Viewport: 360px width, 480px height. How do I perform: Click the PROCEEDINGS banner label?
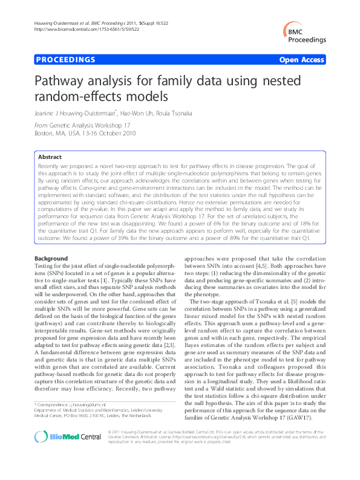pos(66,60)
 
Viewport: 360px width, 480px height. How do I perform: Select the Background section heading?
pos(51,259)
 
